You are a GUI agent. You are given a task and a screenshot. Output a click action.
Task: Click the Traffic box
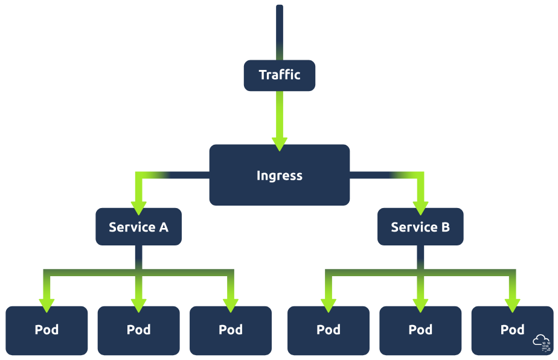[x=279, y=75]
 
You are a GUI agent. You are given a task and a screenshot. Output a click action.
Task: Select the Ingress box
[x=279, y=175]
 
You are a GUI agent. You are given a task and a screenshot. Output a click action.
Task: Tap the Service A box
[x=138, y=227]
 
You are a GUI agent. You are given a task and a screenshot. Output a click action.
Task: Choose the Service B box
[x=420, y=227]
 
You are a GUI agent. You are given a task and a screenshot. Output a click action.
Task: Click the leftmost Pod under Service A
[x=46, y=330]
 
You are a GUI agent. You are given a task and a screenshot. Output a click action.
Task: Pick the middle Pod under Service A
[x=138, y=330]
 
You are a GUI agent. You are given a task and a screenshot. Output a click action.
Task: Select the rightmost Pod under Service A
[x=230, y=330]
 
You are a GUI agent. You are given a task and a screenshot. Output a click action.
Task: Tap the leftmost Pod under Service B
[x=328, y=330]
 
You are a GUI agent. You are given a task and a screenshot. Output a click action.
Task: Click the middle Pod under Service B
[x=420, y=330]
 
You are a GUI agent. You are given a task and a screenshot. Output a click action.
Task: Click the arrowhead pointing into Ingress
[x=279, y=144]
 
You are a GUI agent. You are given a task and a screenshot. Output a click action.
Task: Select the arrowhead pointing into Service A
[x=138, y=207]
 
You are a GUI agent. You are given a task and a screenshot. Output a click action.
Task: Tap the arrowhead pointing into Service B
[x=420, y=207]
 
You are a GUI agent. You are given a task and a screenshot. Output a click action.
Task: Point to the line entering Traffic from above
[x=279, y=30]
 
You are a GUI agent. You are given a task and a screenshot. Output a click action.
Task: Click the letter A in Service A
[x=162, y=227]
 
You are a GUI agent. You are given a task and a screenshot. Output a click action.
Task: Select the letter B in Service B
[x=444, y=227]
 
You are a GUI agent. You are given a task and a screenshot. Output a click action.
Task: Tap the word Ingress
[x=279, y=175]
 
